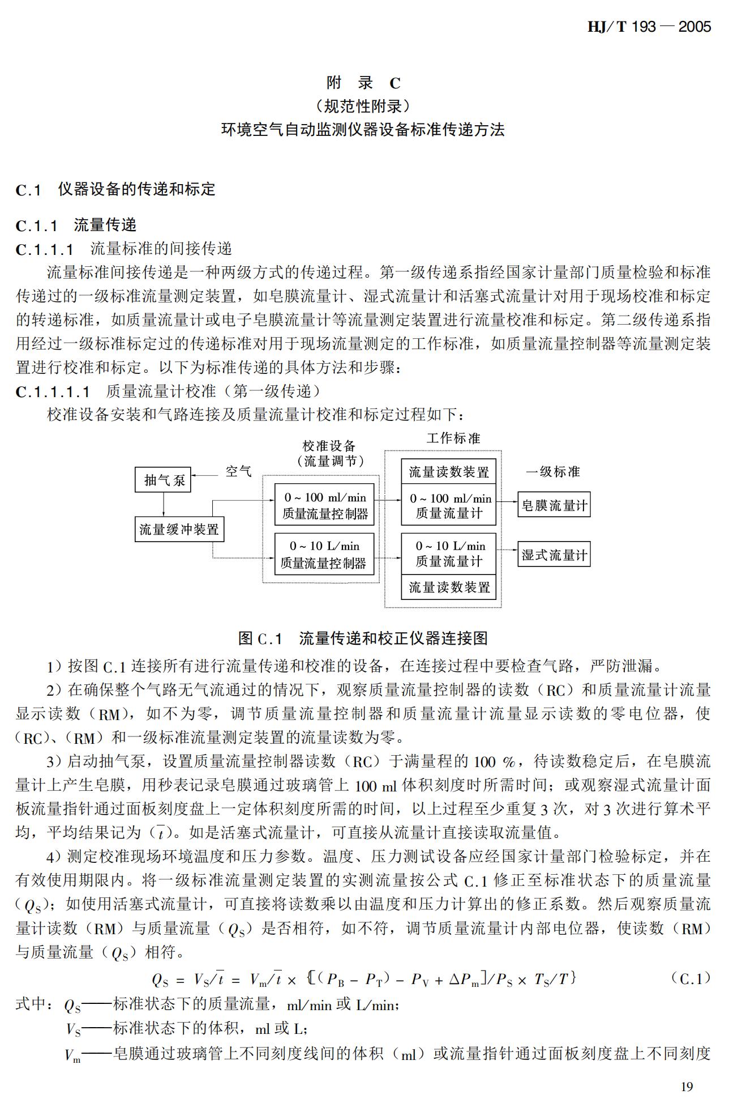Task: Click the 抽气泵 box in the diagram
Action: click(x=163, y=480)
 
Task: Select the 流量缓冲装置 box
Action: click(x=179, y=529)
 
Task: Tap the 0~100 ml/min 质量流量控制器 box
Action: click(x=324, y=505)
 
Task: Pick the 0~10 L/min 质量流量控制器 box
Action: click(x=324, y=554)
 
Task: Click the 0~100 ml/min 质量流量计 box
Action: click(x=449, y=505)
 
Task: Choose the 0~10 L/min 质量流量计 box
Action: click(x=449, y=553)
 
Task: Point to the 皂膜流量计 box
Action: click(x=554, y=505)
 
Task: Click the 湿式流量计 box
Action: click(x=554, y=555)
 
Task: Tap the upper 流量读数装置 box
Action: click(x=449, y=472)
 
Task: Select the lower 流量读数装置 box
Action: click(x=449, y=587)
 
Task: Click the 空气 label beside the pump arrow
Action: click(x=238, y=471)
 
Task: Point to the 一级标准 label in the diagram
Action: click(x=553, y=472)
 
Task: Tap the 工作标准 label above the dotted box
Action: click(x=453, y=438)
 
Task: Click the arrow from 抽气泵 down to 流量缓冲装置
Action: click(x=163, y=504)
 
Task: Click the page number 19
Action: click(x=687, y=1086)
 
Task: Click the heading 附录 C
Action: click(x=363, y=83)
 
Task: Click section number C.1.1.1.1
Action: click(x=53, y=391)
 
